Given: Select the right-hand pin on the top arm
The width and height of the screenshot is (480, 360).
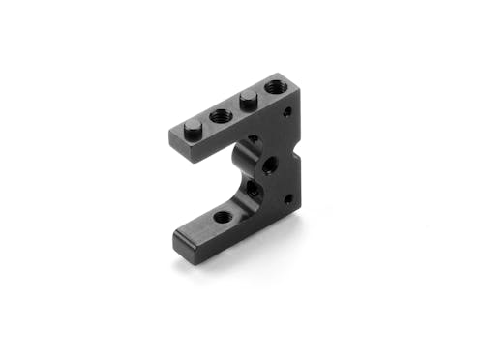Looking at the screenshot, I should click(x=248, y=97).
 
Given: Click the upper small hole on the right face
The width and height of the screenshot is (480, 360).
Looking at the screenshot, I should click(x=286, y=113).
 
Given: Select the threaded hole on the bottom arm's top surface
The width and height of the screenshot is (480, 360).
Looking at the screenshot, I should click(x=222, y=218).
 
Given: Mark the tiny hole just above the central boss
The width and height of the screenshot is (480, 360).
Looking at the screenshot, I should click(x=254, y=138).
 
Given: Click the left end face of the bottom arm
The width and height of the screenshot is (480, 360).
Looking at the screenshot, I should click(x=181, y=241).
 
